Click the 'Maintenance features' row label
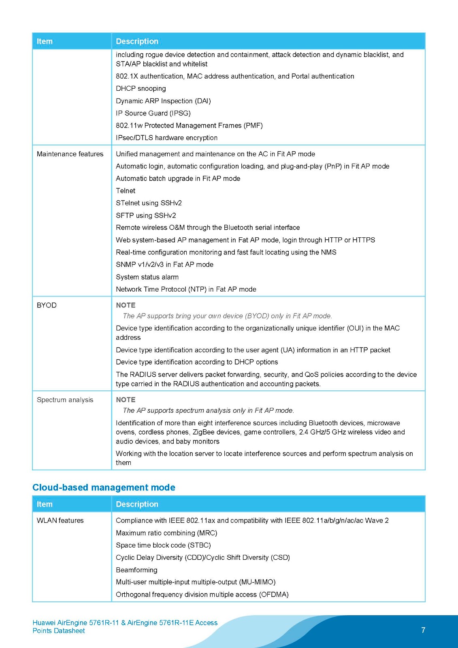click(70, 154)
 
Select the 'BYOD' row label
click(47, 305)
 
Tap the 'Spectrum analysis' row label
click(65, 400)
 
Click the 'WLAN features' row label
click(60, 520)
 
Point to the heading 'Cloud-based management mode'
click(104, 487)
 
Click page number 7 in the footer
click(423, 630)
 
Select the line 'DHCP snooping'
click(141, 88)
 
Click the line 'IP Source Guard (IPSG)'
click(153, 113)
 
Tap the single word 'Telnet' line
click(126, 191)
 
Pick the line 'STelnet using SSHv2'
click(149, 203)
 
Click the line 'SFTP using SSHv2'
click(146, 215)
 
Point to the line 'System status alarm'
click(147, 277)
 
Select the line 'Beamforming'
click(136, 570)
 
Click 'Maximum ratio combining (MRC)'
click(166, 533)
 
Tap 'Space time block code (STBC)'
click(163, 545)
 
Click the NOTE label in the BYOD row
click(126, 305)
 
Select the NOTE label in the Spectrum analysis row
click(126, 400)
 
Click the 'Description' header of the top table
click(137, 41)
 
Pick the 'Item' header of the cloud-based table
click(45, 504)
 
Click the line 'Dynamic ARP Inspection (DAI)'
click(163, 101)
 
